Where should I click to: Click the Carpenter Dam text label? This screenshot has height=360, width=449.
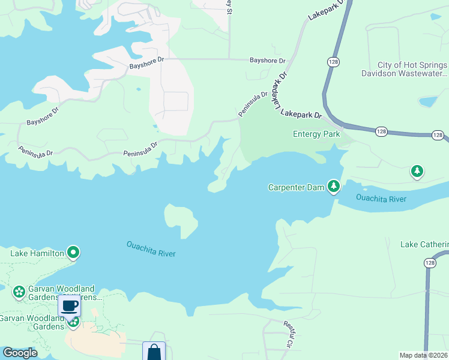(296, 188)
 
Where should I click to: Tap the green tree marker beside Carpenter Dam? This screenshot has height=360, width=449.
(333, 187)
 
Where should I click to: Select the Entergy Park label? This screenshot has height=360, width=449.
(316, 134)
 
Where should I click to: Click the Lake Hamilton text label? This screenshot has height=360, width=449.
(37, 253)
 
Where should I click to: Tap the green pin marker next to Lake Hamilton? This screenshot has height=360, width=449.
(73, 253)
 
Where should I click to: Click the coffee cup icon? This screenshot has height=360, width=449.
(70, 306)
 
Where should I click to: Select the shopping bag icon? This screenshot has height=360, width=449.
(154, 351)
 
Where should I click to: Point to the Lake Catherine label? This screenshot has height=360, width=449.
(424, 244)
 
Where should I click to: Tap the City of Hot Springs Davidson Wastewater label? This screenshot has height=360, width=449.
(412, 69)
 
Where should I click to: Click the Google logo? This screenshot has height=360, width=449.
(20, 353)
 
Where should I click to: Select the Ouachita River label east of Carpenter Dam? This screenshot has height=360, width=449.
(381, 199)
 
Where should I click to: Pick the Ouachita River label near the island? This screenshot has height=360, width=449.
(151, 248)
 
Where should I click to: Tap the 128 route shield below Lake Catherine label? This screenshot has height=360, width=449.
(429, 263)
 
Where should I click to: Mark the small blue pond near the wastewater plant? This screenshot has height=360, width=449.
(428, 101)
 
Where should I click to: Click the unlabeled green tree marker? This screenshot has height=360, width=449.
(417, 172)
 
